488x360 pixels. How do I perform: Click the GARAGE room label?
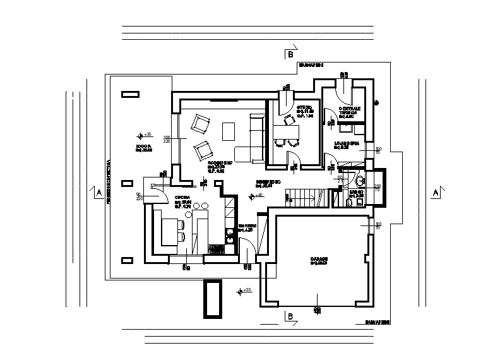(319, 260)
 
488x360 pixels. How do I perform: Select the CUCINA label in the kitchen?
(184, 200)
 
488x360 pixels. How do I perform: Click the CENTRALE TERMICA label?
(349, 111)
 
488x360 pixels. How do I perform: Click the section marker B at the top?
(290, 55)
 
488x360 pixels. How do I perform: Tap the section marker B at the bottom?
(290, 316)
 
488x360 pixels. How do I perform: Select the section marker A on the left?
(98, 193)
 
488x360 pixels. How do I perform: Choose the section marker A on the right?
(435, 193)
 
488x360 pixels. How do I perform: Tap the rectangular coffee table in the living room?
(228, 131)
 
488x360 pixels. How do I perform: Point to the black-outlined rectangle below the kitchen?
(211, 298)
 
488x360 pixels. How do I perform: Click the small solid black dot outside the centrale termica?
(376, 102)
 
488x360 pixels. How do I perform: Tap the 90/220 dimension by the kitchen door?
(139, 196)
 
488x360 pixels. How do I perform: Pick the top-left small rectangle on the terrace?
(130, 94)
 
